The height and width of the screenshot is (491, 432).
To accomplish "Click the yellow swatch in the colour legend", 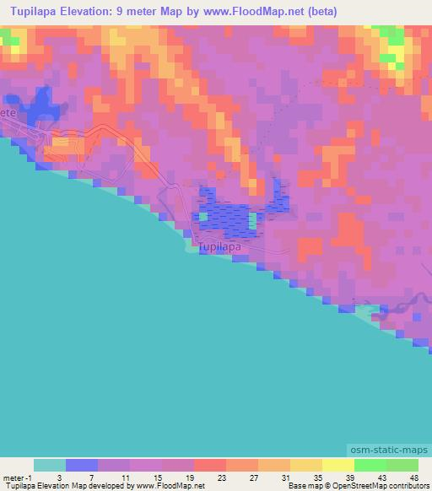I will point(337,465).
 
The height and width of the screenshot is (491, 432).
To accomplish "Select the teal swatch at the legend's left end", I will point(50,465).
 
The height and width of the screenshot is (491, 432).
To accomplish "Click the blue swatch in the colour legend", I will point(82,465).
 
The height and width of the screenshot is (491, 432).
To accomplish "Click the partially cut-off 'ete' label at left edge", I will point(8,111).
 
